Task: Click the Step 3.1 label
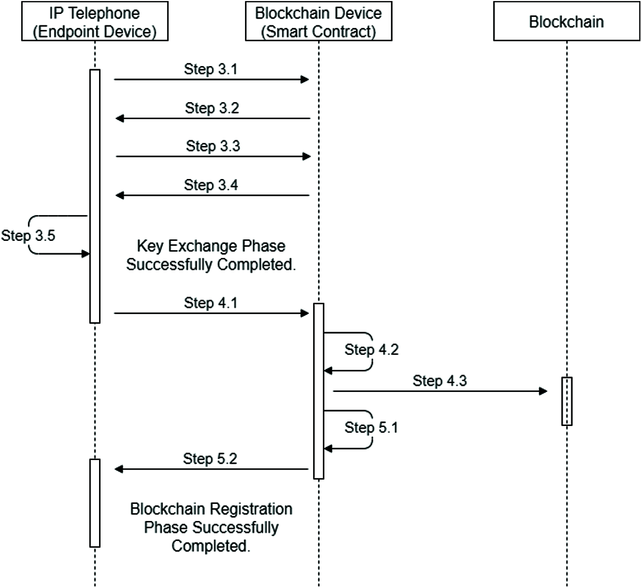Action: tap(210, 69)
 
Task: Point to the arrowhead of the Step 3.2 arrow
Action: tap(119, 119)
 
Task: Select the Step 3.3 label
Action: tap(213, 146)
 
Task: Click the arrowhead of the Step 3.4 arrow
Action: tap(119, 195)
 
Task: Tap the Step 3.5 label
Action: tap(28, 236)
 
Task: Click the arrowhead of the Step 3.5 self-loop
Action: tap(86, 254)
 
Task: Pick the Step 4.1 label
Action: tap(210, 303)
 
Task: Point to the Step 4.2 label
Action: tap(372, 349)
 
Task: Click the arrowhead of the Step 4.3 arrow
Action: tap(543, 391)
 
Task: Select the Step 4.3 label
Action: tap(440, 381)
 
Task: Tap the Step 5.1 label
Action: tap(371, 428)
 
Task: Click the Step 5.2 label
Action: tap(210, 459)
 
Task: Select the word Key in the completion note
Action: tap(151, 246)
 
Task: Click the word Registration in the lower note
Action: tap(251, 509)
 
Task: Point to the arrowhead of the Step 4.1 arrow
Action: tap(305, 313)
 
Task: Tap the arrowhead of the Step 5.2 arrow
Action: tap(119, 469)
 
